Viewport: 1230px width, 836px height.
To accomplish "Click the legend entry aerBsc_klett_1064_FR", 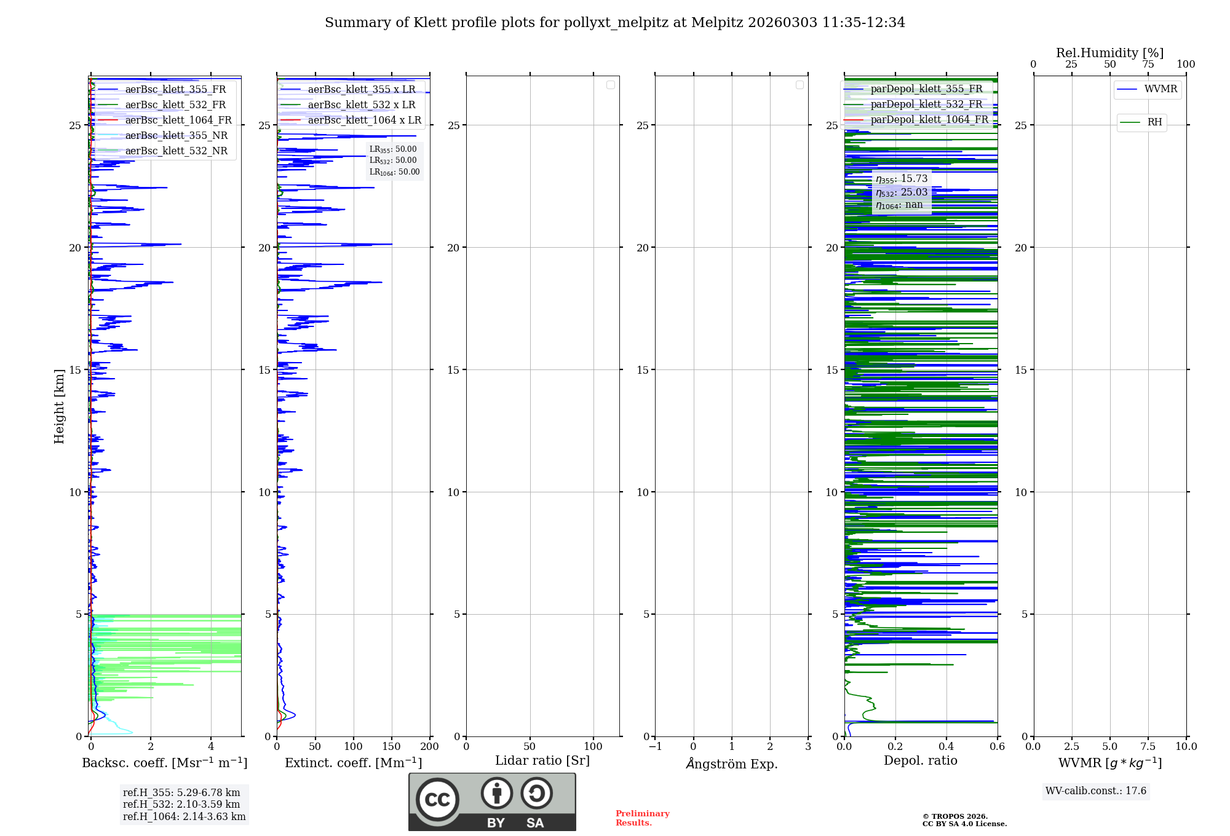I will [x=178, y=120].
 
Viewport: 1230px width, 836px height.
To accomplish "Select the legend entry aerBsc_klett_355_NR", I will [x=177, y=136].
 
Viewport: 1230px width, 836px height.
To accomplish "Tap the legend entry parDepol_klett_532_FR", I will [x=926, y=104].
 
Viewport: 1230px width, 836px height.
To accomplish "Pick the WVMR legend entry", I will [x=1161, y=89].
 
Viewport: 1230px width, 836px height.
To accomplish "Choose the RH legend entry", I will [x=1154, y=122].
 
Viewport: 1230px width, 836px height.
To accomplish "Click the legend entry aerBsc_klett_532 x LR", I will [x=362, y=105].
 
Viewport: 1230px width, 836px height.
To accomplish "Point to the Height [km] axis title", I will [x=59, y=406].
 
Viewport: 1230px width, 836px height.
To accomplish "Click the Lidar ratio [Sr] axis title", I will [x=542, y=761].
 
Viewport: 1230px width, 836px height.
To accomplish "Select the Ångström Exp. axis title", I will [x=732, y=764].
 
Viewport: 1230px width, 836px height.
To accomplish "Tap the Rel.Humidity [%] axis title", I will [x=1109, y=53].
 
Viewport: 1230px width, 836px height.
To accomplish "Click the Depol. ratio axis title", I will [x=920, y=761].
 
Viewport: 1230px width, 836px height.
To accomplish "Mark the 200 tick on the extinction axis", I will [x=429, y=747].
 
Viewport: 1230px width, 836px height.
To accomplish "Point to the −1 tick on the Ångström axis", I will [x=656, y=747].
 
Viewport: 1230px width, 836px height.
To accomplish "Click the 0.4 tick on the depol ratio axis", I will [x=946, y=747].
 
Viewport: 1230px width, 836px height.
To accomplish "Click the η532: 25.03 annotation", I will [x=902, y=192].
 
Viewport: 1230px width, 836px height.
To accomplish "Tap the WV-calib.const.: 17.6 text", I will [x=1096, y=791].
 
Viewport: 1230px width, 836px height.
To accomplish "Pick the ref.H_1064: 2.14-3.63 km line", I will [x=184, y=817].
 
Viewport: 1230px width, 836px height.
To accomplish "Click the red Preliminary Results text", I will [x=642, y=818].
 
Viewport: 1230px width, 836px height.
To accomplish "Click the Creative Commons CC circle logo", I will [x=437, y=800].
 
